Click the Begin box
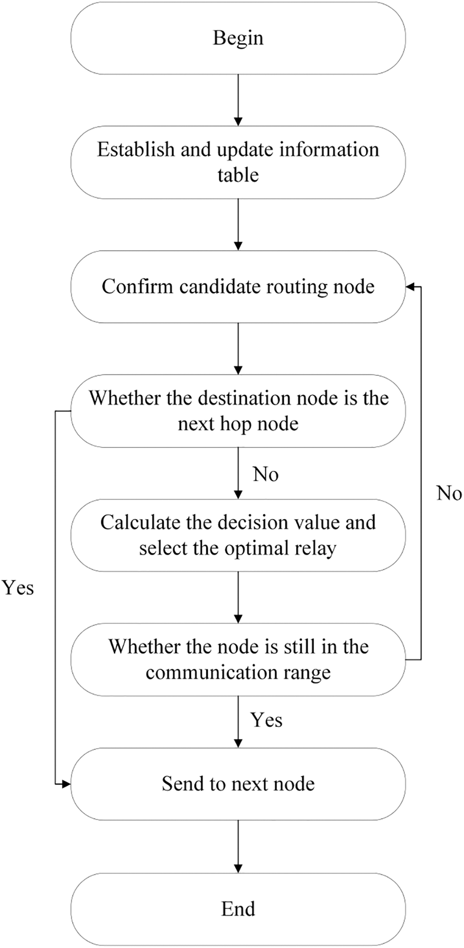pyautogui.click(x=238, y=38)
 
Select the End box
pyautogui.click(x=238, y=909)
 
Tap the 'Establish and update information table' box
pyautogui.click(x=238, y=162)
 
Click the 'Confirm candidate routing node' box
pyautogui.click(x=238, y=287)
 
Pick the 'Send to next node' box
pyautogui.click(x=238, y=783)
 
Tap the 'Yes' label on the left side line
pyautogui.click(x=18, y=588)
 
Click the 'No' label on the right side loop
pyautogui.click(x=449, y=494)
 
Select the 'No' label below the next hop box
pyautogui.click(x=265, y=475)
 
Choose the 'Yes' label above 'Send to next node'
pyautogui.click(x=266, y=720)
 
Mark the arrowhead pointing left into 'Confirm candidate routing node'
pyautogui.click(x=411, y=287)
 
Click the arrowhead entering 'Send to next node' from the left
pyautogui.click(x=66, y=783)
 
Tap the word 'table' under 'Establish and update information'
pyautogui.click(x=238, y=175)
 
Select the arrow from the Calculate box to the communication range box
pyautogui.click(x=238, y=597)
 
